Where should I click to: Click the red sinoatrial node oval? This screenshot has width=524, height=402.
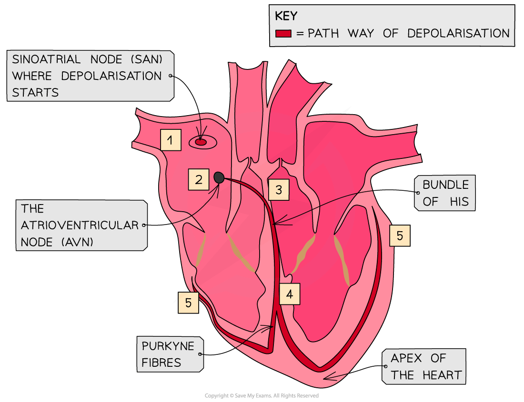click(x=201, y=142)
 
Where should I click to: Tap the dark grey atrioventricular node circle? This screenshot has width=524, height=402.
click(x=219, y=177)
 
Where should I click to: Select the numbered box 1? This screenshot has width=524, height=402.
click(x=171, y=140)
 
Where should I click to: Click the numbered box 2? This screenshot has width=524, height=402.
click(x=199, y=179)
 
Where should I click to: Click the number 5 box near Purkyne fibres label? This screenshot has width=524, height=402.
click(x=189, y=303)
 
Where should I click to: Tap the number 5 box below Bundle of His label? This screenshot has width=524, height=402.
click(x=400, y=235)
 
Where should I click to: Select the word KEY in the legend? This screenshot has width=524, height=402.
click(x=286, y=16)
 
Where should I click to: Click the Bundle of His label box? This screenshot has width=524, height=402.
click(x=445, y=193)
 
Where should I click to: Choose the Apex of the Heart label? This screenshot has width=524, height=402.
click(x=423, y=367)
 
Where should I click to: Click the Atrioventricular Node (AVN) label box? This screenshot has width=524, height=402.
click(x=81, y=225)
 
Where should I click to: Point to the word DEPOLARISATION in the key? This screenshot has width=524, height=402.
click(x=458, y=33)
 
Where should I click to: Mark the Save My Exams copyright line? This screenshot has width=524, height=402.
click(x=262, y=396)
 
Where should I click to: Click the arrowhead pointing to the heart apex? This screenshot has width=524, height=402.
click(x=325, y=378)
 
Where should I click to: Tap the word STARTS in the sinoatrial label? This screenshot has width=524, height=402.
click(x=35, y=92)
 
